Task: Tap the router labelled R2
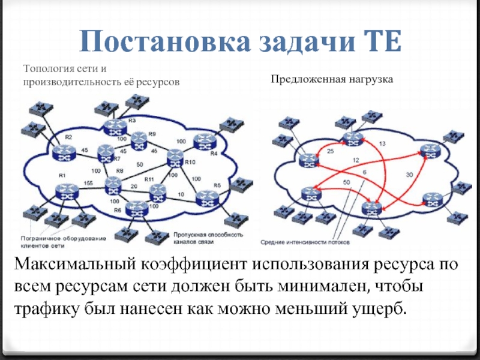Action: pos(63,152)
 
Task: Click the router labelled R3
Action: pos(113,127)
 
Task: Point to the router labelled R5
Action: pos(207,197)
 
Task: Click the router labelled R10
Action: pos(175,157)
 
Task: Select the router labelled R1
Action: pos(65,192)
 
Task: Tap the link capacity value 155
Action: pos(88,182)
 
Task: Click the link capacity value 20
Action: pos(134,187)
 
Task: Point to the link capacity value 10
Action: pos(181,194)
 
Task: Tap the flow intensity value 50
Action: pos(346,182)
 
